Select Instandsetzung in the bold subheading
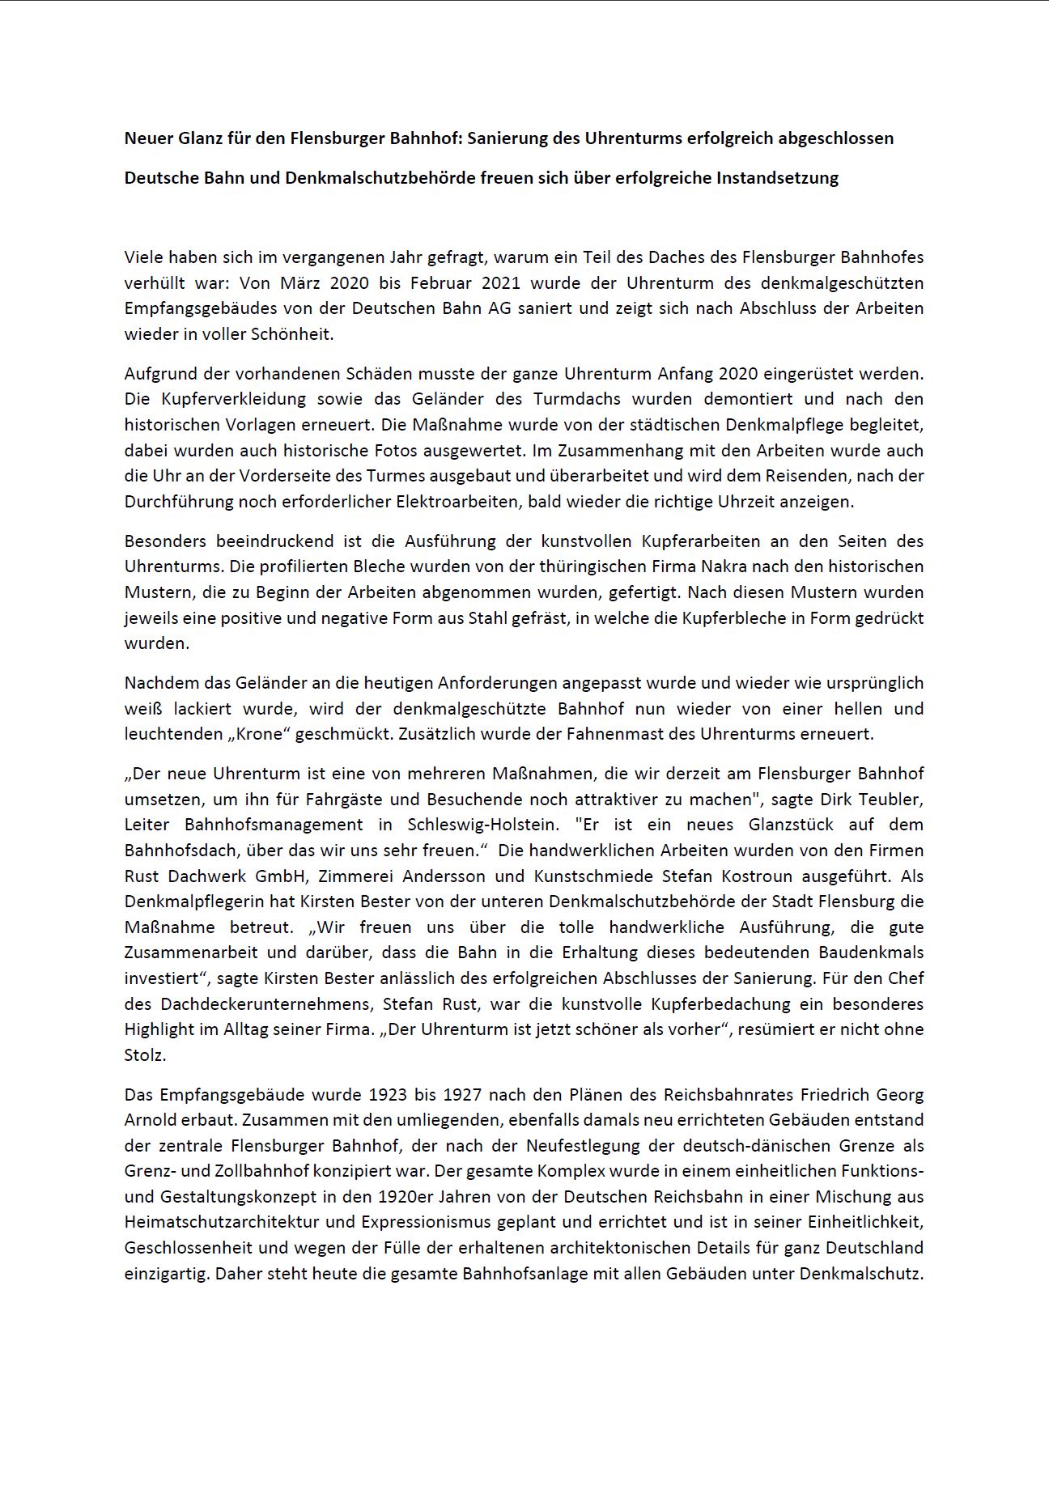click(777, 178)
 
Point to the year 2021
click(510, 283)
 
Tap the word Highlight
click(161, 1029)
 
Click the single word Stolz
click(145, 1055)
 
